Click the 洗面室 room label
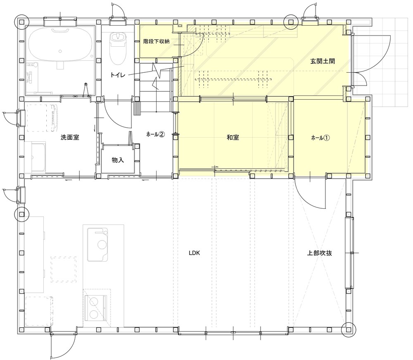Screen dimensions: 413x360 click(70, 137)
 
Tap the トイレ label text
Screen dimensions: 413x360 click(118, 75)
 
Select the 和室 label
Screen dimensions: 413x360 click(233, 137)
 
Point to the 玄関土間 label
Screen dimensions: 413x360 click(323, 62)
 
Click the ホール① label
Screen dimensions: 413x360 click(320, 138)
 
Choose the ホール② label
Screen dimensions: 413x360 click(156, 134)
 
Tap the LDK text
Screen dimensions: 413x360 click(195, 253)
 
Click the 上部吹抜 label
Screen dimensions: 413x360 click(320, 253)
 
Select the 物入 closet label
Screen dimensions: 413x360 click(118, 160)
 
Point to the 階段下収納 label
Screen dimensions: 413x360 click(157, 41)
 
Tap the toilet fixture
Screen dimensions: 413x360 click(117, 48)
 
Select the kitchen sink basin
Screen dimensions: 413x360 click(97, 245)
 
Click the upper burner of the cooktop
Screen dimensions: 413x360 click(94, 301)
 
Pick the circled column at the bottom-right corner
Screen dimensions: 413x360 click(348, 330)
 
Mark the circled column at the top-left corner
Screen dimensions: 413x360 click(22, 21)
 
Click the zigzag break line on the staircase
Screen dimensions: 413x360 click(157, 77)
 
